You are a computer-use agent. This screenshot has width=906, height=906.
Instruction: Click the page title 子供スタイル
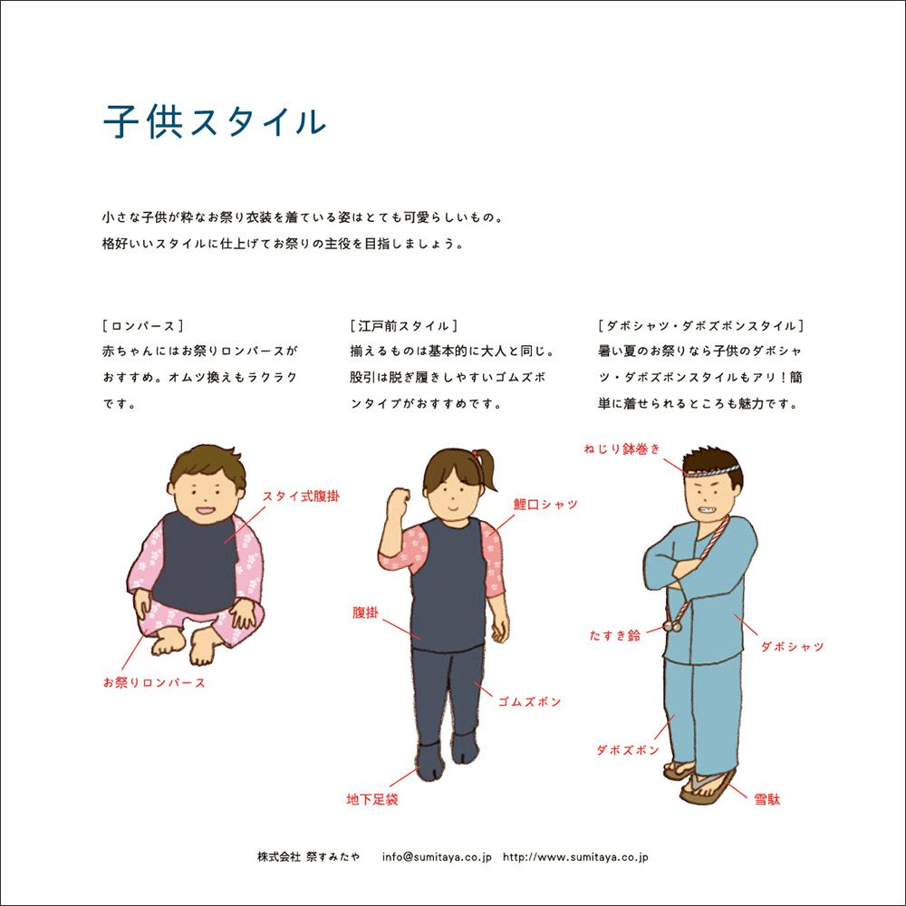click(215, 121)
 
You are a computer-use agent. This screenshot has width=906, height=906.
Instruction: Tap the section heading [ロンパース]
click(143, 326)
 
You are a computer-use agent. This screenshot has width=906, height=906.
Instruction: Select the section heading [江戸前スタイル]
click(404, 326)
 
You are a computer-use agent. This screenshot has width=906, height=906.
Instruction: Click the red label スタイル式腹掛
click(301, 496)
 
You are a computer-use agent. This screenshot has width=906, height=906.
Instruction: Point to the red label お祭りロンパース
click(154, 682)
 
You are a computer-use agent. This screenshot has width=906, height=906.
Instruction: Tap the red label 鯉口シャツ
click(545, 505)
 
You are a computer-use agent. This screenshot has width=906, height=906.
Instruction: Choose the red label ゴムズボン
click(530, 701)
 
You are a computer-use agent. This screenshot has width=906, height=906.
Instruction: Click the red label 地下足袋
click(372, 800)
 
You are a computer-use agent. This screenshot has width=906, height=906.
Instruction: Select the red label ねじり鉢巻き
click(622, 449)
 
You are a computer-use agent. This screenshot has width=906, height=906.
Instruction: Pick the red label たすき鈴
click(615, 636)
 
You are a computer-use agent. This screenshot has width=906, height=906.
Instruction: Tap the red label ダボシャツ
click(792, 647)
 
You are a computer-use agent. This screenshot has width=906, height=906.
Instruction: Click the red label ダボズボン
click(628, 750)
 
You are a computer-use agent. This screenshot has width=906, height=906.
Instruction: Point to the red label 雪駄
click(767, 800)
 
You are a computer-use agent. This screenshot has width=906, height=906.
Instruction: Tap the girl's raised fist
click(399, 499)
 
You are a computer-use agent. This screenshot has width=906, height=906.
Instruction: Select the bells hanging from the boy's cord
click(671, 625)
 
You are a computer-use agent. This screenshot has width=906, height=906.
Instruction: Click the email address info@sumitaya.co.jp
click(437, 857)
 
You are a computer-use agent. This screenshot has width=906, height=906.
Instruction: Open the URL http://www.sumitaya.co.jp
click(575, 857)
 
